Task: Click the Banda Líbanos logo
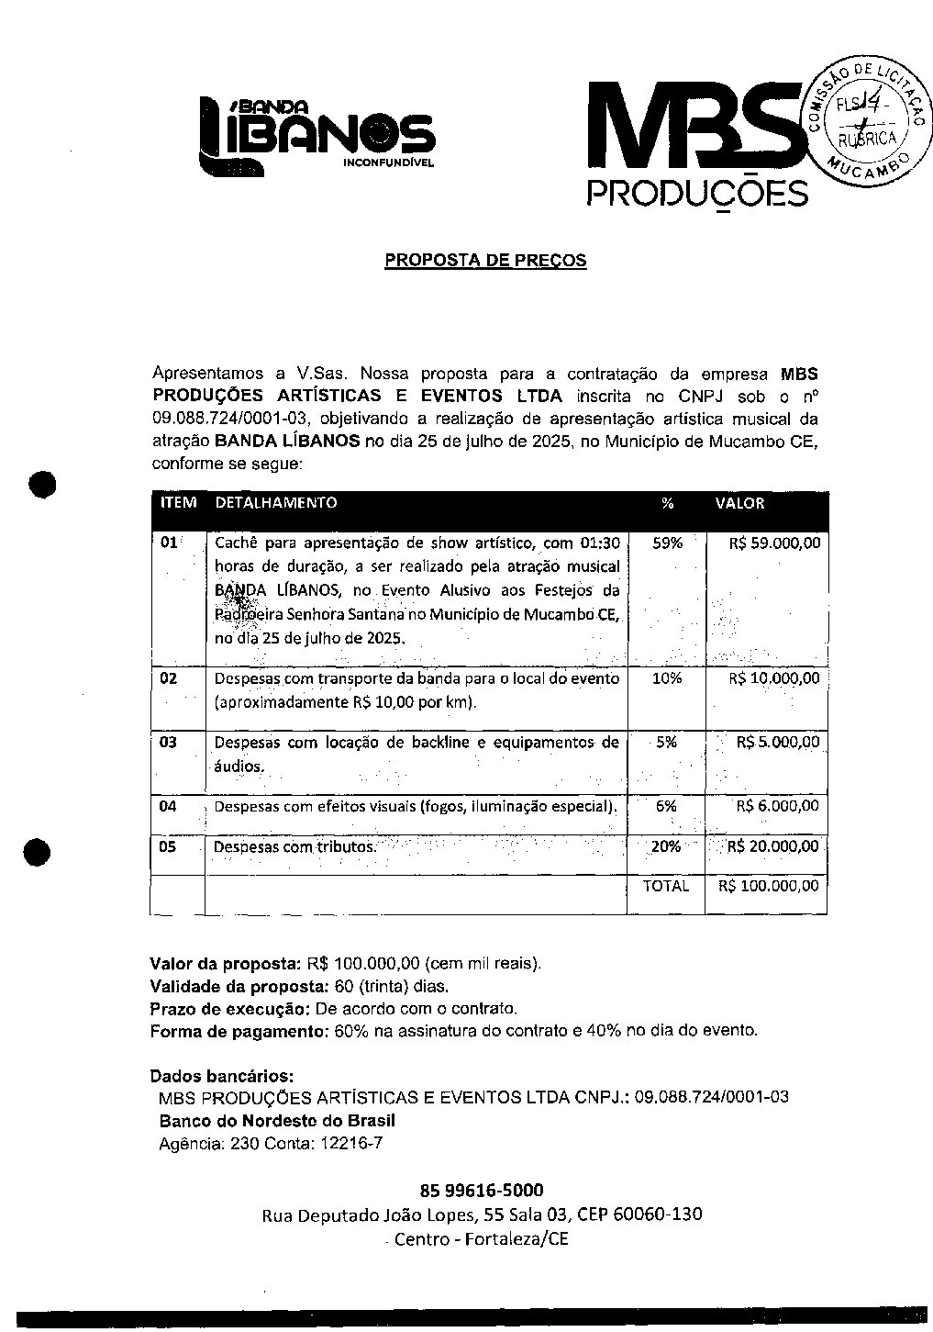click(x=317, y=136)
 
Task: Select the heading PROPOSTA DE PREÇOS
click(x=485, y=260)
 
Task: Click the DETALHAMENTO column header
click(x=275, y=503)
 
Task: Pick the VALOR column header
click(x=739, y=503)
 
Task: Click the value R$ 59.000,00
click(x=774, y=543)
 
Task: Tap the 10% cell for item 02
click(x=667, y=678)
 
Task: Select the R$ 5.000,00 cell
click(x=778, y=742)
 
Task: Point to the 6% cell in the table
click(x=666, y=806)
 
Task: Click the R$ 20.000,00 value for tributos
click(x=772, y=846)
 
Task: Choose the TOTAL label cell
click(x=666, y=886)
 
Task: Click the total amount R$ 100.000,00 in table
click(x=769, y=886)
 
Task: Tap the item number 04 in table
click(x=168, y=806)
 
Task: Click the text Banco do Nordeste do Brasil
click(x=277, y=1121)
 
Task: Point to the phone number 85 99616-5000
click(x=482, y=1191)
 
